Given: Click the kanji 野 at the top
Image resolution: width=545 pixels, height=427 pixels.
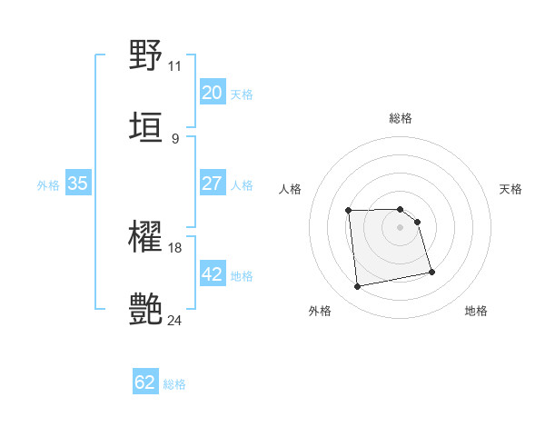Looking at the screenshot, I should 146,55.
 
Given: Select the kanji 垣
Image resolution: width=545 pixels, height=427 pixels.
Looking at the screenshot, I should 146,125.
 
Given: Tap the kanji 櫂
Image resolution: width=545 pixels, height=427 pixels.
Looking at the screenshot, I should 146,240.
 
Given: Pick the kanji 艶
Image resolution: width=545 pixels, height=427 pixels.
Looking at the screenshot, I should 146,309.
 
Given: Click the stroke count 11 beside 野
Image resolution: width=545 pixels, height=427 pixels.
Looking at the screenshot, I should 175,66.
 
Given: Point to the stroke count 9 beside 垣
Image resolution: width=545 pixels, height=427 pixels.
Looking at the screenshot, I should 175,138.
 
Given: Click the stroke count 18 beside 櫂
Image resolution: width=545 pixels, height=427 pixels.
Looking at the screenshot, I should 175,248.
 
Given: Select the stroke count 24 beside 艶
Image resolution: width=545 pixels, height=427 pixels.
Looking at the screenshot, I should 175,320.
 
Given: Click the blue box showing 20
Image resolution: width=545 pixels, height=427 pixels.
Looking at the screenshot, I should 212,93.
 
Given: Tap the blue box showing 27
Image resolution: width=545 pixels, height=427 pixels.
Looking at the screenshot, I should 212,184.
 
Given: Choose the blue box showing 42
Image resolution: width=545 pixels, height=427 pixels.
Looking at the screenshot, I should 212,274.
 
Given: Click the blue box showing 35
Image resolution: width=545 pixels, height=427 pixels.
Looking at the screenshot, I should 77,184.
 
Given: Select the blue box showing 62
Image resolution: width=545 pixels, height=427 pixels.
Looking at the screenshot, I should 145,382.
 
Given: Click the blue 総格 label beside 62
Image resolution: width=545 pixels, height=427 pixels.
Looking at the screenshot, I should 174,384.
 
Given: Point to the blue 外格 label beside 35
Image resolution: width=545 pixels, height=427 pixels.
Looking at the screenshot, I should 48,185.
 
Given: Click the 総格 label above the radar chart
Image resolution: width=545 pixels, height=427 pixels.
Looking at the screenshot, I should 401,119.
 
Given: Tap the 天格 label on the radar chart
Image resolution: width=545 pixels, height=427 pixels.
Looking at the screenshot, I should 510,189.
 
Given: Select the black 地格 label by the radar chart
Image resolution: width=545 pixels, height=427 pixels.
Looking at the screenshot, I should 476,311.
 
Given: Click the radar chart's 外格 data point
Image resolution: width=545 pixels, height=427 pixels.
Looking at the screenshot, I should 358,287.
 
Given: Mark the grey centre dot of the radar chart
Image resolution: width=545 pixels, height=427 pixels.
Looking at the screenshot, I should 401,227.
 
